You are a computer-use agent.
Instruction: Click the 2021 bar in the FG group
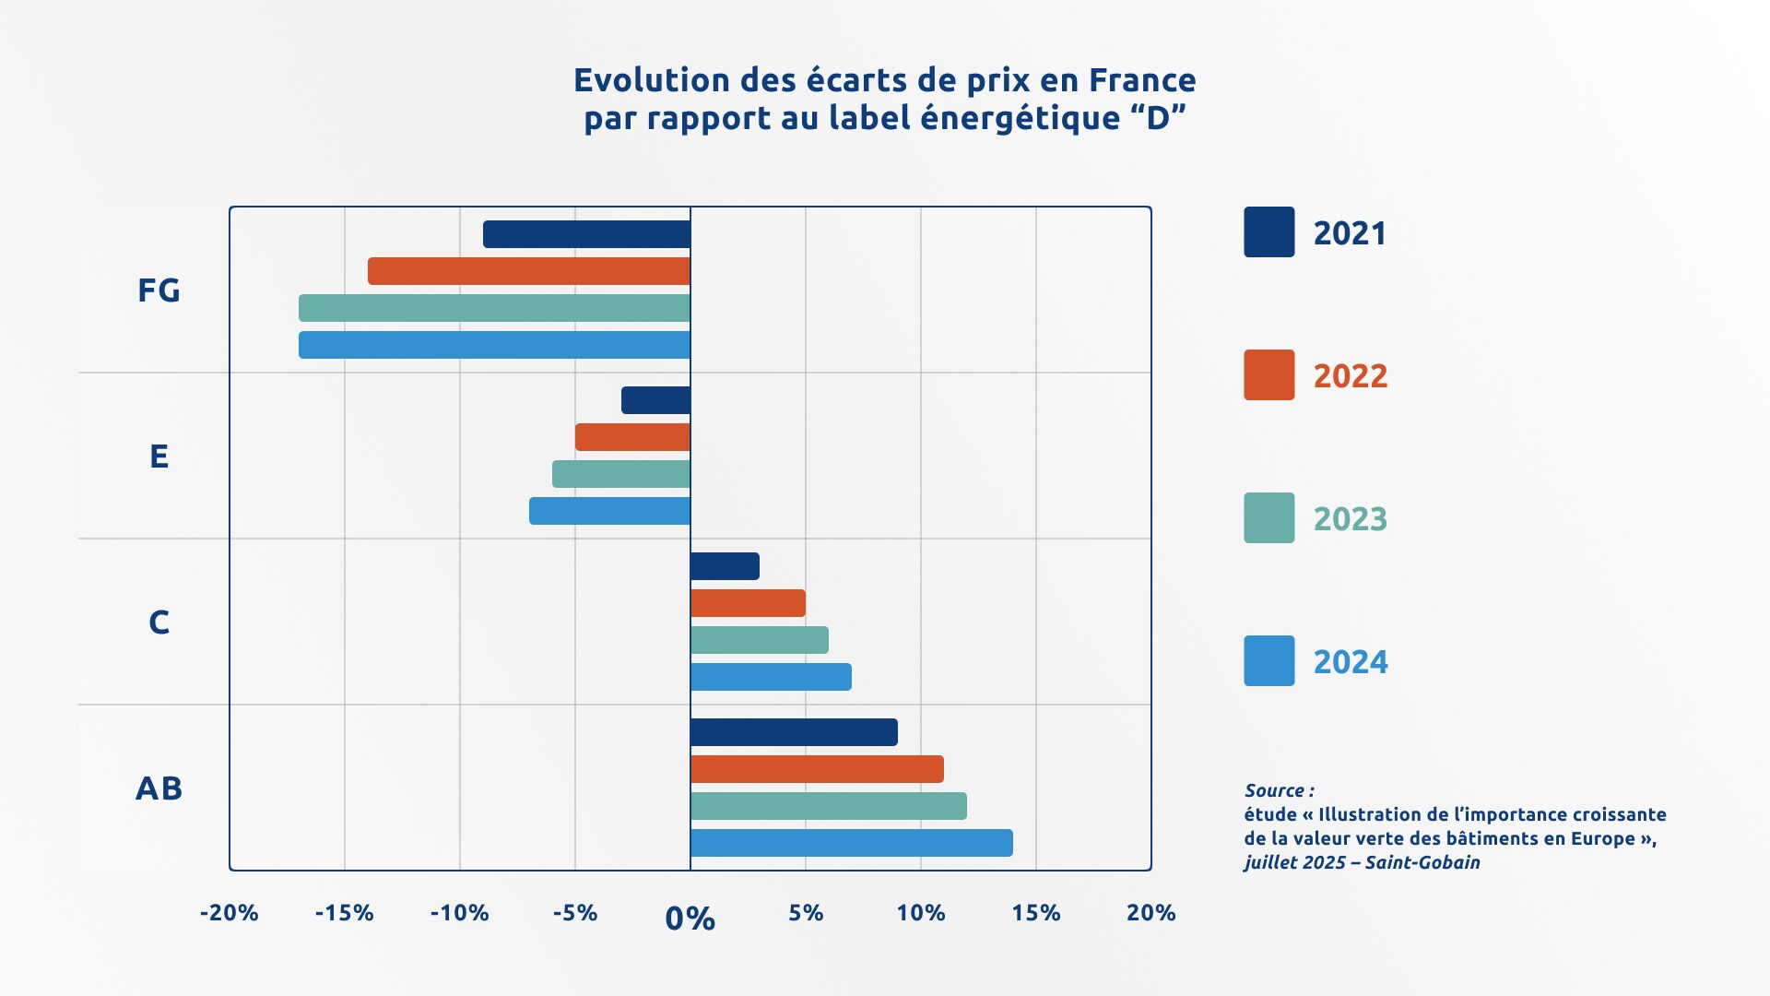pos(586,234)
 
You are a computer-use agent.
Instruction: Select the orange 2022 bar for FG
pos(529,271)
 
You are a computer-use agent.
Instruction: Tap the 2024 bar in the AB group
pos(851,843)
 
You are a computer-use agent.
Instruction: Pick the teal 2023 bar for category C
pos(759,640)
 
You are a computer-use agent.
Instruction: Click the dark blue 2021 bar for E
pos(655,400)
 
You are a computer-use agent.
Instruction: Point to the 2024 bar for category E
pos(609,511)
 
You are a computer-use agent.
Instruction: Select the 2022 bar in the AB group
pos(817,769)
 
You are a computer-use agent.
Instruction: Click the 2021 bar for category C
pos(725,566)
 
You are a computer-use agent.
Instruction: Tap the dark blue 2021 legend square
pos(1268,231)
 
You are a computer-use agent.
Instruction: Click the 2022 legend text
pos(1350,375)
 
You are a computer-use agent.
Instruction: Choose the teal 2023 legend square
pos(1268,517)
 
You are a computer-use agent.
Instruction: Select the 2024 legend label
pos(1350,661)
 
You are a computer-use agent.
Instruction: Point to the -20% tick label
pos(229,913)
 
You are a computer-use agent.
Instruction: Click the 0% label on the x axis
pos(690,919)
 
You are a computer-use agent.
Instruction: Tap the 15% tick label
pos(1035,913)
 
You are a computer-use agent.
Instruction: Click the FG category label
pos(159,290)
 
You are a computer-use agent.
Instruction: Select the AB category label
pos(159,788)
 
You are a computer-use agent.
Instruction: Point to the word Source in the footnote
pos(1274,790)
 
